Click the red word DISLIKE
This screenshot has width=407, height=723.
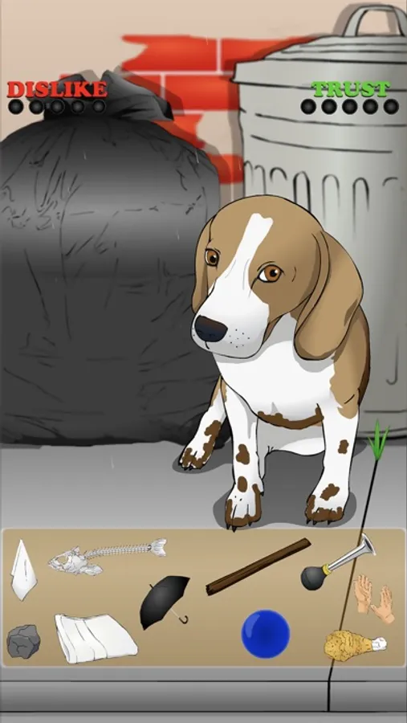coord(57,89)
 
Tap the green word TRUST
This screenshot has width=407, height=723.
coord(350,89)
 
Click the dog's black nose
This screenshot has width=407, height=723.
coord(210,328)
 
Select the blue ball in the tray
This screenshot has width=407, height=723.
coord(266,634)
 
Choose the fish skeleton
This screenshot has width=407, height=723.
coord(107,556)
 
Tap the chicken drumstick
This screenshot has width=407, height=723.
coord(355,645)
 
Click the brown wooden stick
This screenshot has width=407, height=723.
coord(258,566)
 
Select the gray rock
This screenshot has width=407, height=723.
coord(23,641)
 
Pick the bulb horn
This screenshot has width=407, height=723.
coord(338,562)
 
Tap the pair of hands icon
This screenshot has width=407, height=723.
coord(374,598)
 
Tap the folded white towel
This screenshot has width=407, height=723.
coord(96,638)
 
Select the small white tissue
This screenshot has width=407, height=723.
coord(23,570)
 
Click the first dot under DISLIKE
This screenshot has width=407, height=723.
coord(15,107)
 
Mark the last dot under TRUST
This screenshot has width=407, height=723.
coord(391,107)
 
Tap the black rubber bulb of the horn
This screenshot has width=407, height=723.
coord(314,578)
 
